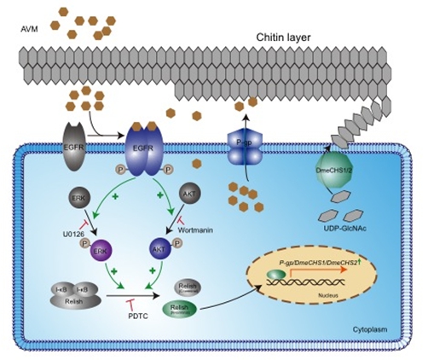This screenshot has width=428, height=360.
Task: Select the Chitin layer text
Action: (x=283, y=38)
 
